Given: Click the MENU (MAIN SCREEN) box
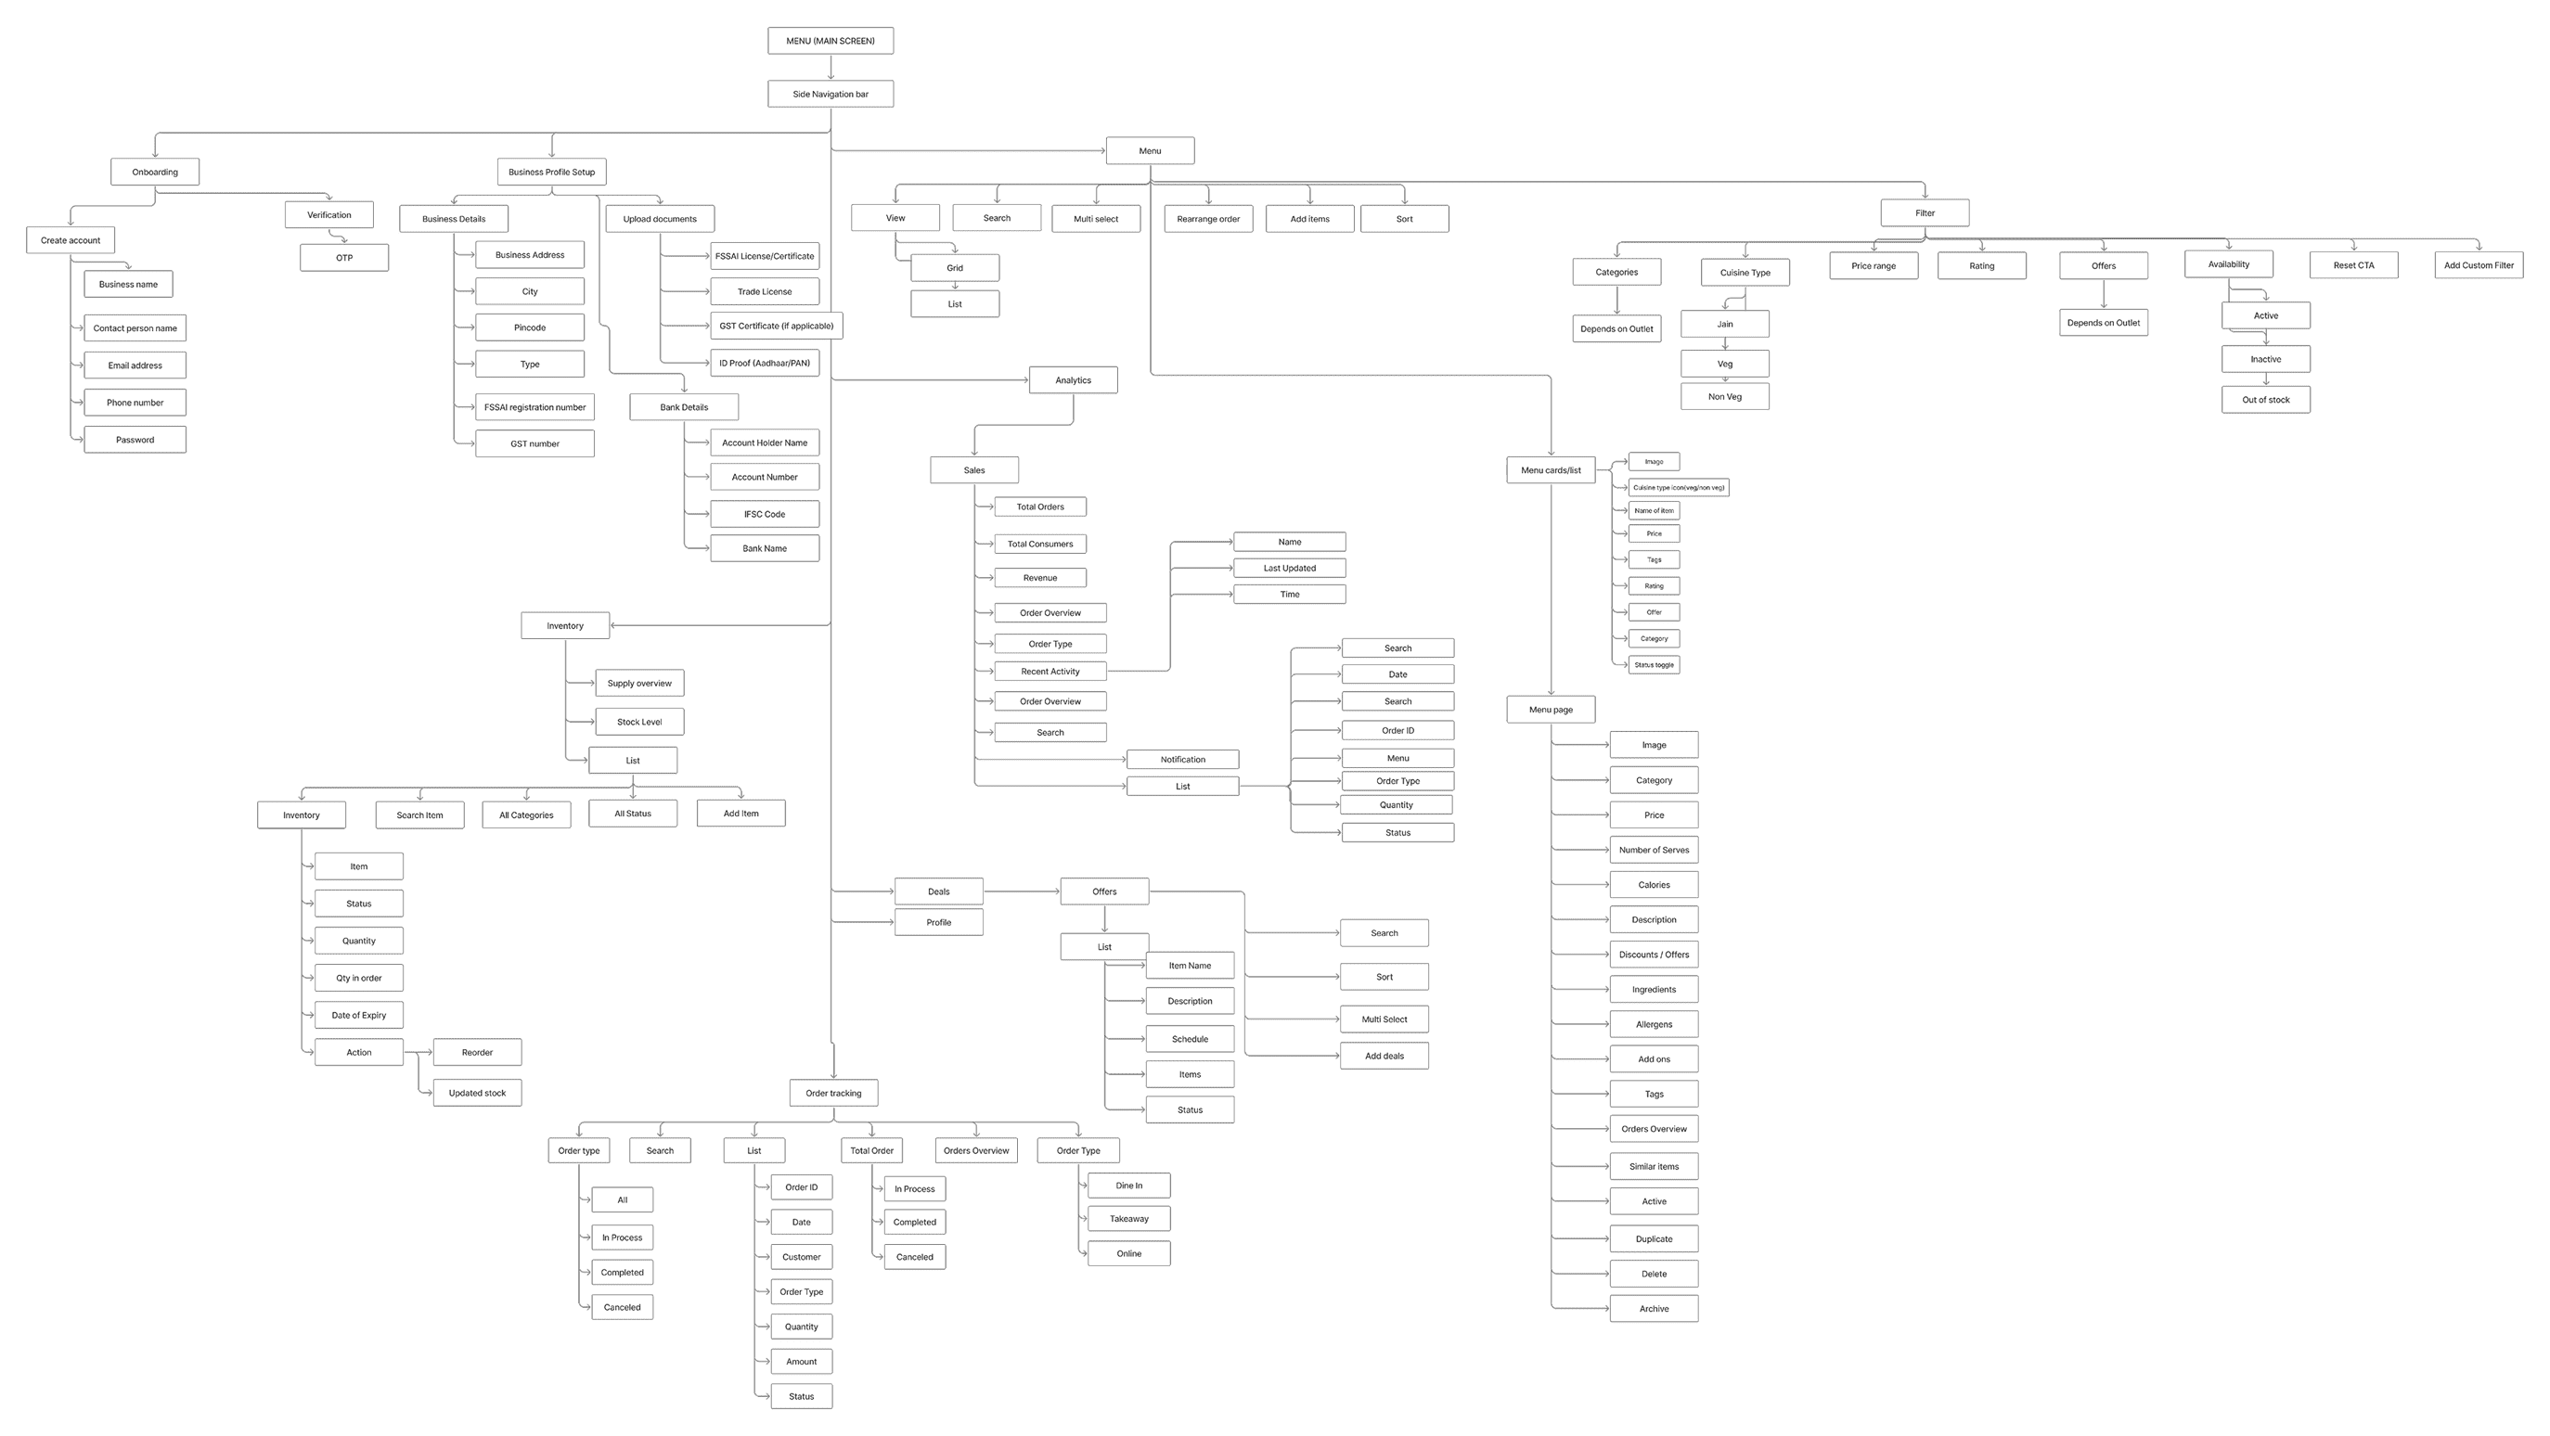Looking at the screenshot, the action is coord(830,41).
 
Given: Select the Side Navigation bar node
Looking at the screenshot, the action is coord(830,94).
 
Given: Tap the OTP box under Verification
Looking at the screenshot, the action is coord(343,257).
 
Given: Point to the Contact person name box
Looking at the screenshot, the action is coord(135,328).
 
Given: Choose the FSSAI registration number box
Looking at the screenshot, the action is coord(534,406).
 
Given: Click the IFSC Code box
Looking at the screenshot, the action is coord(765,514).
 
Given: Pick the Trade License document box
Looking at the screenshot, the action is coord(765,292).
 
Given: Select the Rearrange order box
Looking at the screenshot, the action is coord(1207,219).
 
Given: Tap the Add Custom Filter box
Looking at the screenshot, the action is coord(2478,265).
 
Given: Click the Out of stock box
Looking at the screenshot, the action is coord(2265,400).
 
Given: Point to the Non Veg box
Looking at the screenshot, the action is coord(1724,397).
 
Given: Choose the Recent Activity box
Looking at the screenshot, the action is coord(1050,671).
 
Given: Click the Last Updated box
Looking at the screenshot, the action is coord(1289,568).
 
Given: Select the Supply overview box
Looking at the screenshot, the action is coord(638,683).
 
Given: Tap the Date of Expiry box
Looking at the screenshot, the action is coord(358,1015).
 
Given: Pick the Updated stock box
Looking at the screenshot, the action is coord(476,1093).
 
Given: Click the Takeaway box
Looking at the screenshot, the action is coord(1128,1218).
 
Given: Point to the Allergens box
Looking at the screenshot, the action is coord(1654,1024).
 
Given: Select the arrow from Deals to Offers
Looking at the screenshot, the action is coord(1021,891).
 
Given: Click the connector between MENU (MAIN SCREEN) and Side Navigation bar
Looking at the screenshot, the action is coord(831,68).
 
